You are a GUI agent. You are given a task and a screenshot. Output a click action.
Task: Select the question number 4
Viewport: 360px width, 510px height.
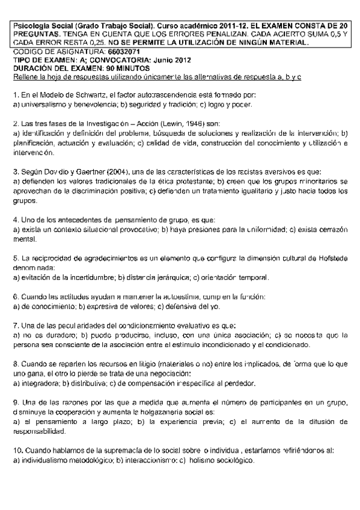coord(15,221)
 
